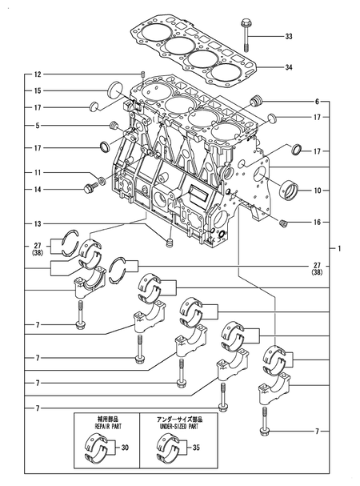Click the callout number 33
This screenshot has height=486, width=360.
coord(289,37)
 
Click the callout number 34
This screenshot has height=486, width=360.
coord(289,67)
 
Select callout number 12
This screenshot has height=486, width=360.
coord(37,74)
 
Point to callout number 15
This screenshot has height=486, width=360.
coord(37,90)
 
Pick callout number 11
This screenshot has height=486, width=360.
coord(37,173)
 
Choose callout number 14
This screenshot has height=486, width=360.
coord(37,190)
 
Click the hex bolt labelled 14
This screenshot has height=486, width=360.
coord(87,189)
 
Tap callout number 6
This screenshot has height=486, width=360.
coord(317,102)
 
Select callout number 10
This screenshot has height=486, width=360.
coord(317,191)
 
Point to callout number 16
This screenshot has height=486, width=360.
coord(317,222)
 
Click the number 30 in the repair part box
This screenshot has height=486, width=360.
coord(123,449)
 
